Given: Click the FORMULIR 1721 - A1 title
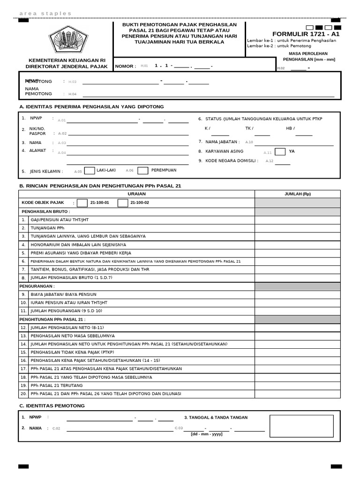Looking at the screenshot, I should (x=306, y=34).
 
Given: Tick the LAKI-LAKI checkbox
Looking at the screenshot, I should (x=90, y=171).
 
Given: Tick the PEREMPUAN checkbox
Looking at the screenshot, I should (x=143, y=171).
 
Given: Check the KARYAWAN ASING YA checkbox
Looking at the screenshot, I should (x=280, y=151).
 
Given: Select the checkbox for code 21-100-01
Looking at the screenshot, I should (x=82, y=203).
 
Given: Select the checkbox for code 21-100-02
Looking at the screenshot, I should (x=122, y=203).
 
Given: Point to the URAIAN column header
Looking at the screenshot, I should (x=136, y=194).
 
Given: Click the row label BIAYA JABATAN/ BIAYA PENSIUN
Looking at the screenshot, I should (x=63, y=294).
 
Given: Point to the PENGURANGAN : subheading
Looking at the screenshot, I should (x=37, y=286).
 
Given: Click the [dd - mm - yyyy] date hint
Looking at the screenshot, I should (x=207, y=434).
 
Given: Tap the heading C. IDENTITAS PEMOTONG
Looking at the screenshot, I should (x=52, y=405).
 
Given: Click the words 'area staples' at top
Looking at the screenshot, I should (x=45, y=14).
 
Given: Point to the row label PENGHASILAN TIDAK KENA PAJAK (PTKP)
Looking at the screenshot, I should (x=72, y=352).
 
